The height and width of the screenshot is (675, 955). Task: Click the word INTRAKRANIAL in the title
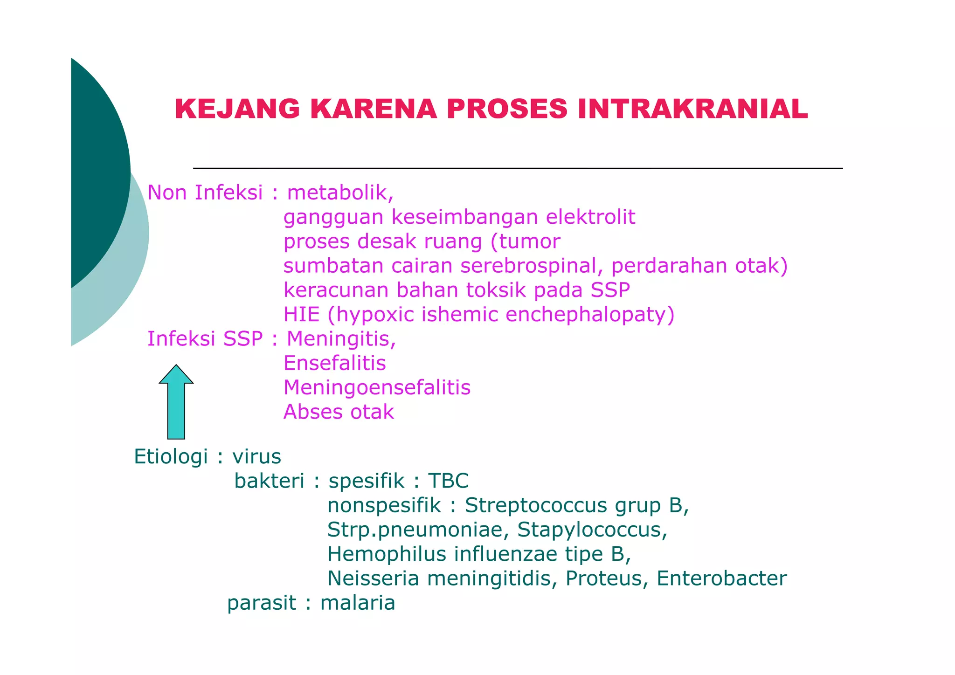click(x=692, y=110)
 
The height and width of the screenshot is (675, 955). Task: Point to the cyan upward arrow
click(x=176, y=402)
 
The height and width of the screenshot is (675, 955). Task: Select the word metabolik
click(x=339, y=193)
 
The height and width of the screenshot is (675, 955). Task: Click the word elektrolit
click(x=590, y=217)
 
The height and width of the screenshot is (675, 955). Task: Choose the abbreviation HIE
click(x=301, y=315)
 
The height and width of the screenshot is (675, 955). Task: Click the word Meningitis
click(x=341, y=339)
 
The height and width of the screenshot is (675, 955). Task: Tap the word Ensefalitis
click(x=335, y=363)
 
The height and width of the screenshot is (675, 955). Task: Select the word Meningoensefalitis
click(x=377, y=388)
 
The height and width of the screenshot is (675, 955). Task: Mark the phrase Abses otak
click(x=339, y=412)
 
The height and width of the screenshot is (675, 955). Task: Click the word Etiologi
click(x=171, y=457)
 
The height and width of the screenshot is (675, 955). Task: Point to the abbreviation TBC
click(x=448, y=481)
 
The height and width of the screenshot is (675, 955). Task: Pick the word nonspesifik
click(x=384, y=505)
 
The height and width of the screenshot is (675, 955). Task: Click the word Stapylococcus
click(x=592, y=530)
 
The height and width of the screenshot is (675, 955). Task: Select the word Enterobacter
click(x=721, y=579)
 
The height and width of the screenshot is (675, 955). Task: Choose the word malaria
click(x=358, y=603)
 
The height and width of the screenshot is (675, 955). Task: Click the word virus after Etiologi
click(x=257, y=457)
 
